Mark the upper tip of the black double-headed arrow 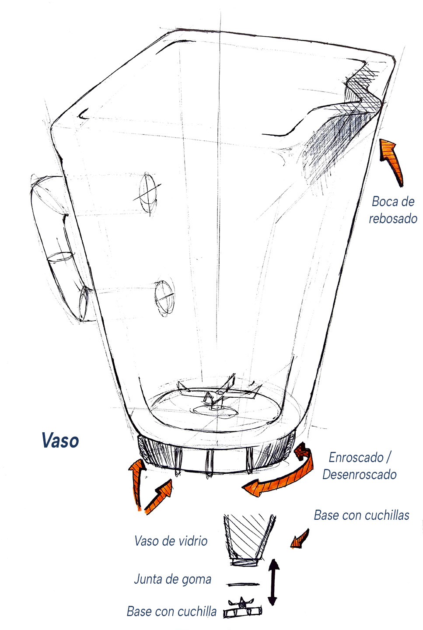273,560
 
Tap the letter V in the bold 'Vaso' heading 48,440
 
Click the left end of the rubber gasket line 227,585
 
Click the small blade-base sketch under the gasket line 242,609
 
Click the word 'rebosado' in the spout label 393,219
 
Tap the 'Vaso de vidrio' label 171,541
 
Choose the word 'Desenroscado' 360,474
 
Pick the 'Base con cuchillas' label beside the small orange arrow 361,515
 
